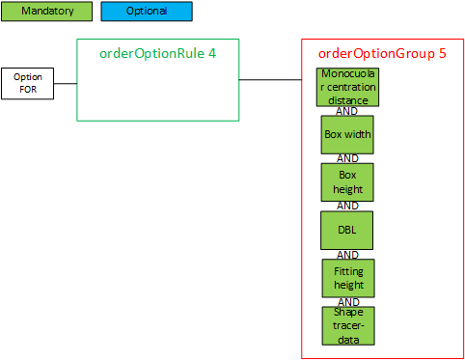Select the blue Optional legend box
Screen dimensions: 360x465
coord(147,12)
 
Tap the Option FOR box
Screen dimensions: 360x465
coord(27,83)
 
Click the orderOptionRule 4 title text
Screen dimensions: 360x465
coord(157,52)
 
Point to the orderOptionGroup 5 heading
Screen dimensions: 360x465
coord(382,53)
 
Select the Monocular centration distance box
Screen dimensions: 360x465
coord(347,87)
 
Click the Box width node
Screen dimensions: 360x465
coord(347,134)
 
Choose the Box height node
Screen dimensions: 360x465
coord(347,181)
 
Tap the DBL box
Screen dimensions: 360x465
coord(347,230)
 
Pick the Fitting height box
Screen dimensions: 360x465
coord(347,278)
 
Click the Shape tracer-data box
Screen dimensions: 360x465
coord(347,325)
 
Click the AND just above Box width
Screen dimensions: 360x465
coord(347,110)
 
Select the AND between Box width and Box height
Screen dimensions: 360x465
coord(347,158)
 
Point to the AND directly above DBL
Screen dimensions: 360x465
coord(347,206)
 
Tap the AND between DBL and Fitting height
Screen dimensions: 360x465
coord(347,254)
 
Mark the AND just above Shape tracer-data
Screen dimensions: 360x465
coord(347,301)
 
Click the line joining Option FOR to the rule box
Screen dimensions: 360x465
coord(65,84)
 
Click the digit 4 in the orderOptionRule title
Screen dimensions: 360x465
coord(211,52)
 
